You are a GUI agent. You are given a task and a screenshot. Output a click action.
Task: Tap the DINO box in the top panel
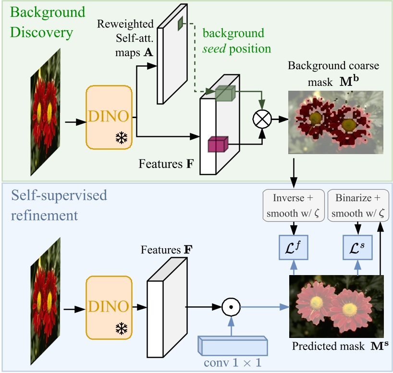109,116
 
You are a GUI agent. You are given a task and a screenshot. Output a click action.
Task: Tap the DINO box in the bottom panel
109,305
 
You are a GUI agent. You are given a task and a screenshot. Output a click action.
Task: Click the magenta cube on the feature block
217,144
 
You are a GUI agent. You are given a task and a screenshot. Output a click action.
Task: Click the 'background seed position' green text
237,41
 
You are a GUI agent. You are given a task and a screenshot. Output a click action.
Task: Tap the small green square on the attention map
181,23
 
